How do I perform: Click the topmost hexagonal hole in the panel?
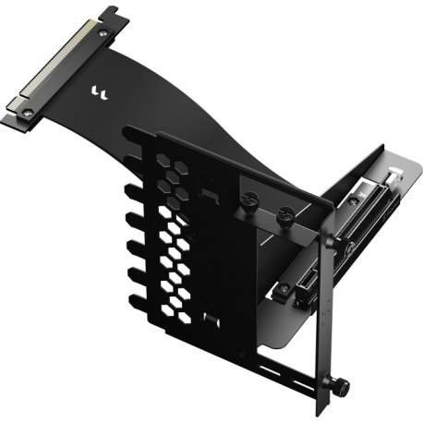coord(164,159)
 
